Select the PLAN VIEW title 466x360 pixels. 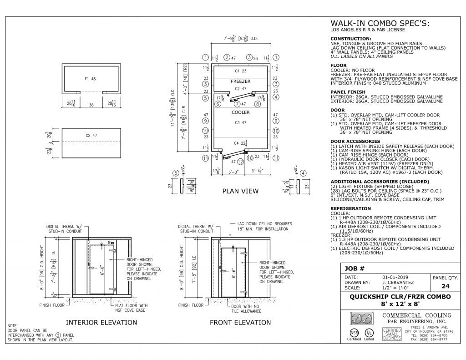click(x=240, y=191)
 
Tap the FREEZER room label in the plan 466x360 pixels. click(x=241, y=81)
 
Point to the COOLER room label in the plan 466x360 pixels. click(x=241, y=112)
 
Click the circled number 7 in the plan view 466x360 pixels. click(x=237, y=104)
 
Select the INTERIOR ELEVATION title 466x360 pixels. click(x=101, y=322)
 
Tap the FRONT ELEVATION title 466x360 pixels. click(x=240, y=322)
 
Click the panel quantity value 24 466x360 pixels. click(x=446, y=286)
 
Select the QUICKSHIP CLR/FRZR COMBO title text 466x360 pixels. click(x=400, y=297)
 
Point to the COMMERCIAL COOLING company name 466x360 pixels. click(x=417, y=315)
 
